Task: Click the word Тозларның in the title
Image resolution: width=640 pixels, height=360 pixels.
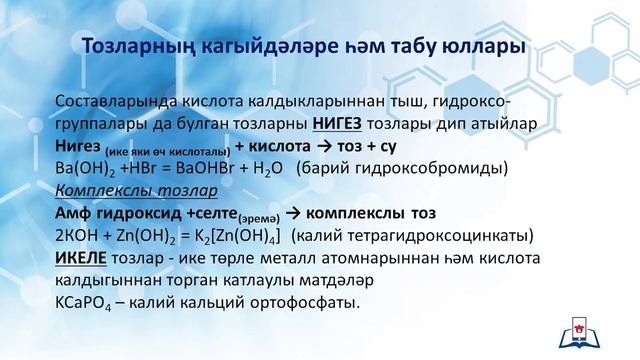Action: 139,46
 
